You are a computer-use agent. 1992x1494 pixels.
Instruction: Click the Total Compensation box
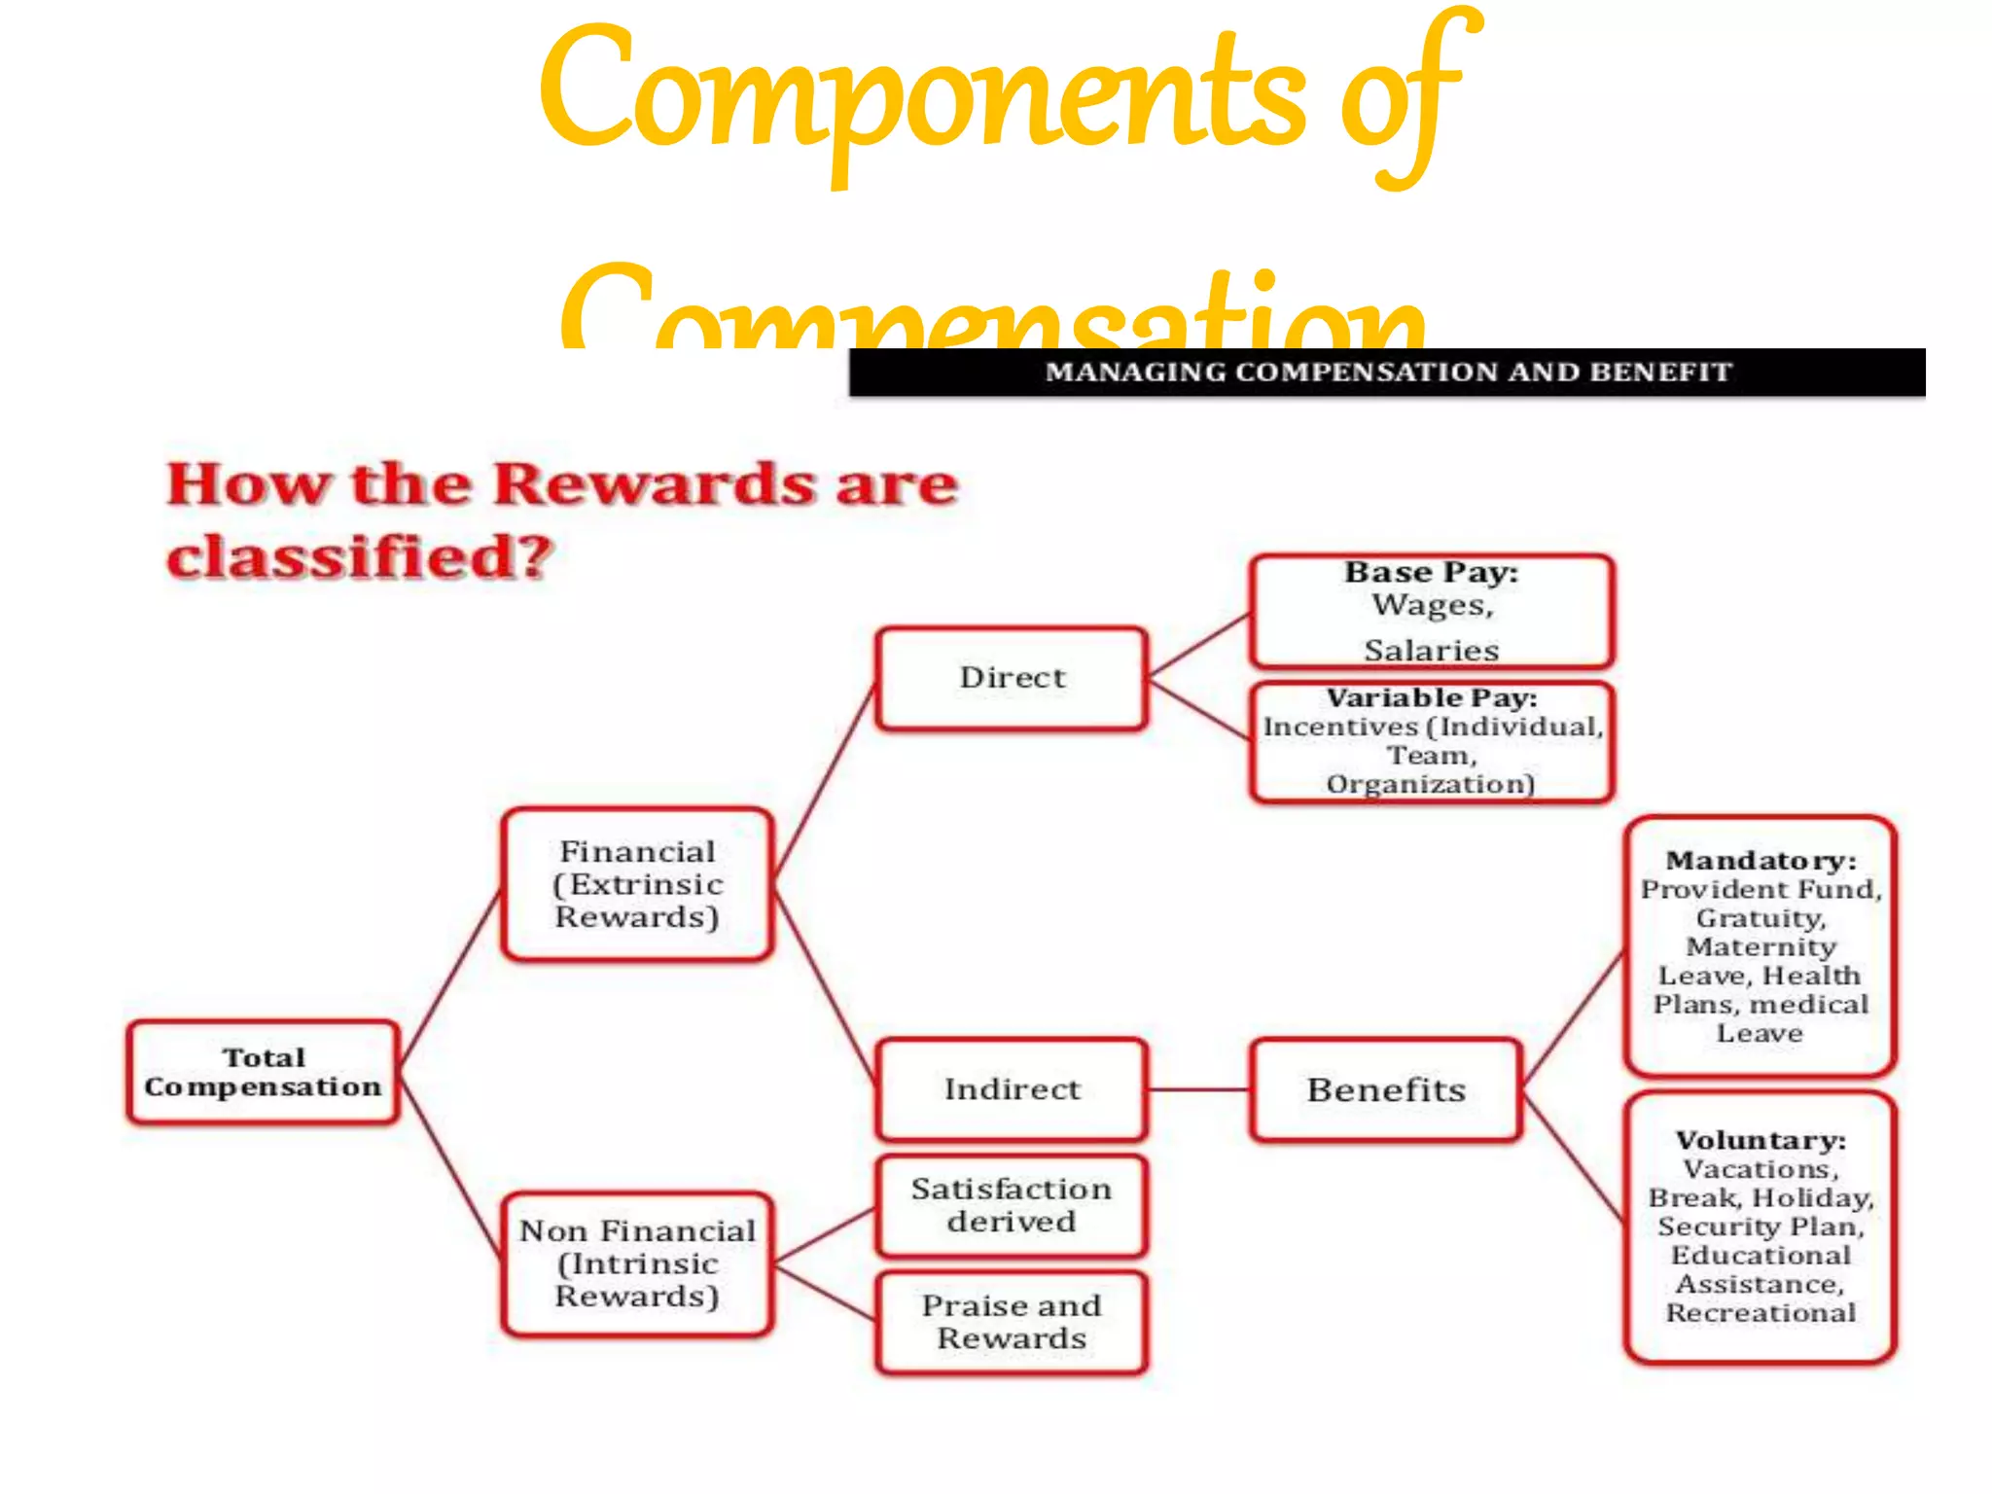(x=263, y=1072)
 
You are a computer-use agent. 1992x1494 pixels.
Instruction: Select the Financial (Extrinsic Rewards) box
(x=637, y=884)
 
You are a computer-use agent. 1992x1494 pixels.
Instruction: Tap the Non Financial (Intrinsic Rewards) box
(x=637, y=1263)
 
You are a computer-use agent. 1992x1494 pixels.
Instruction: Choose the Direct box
(x=1012, y=678)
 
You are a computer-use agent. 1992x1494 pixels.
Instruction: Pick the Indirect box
(x=1012, y=1089)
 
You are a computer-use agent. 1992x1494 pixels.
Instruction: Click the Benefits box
(x=1385, y=1089)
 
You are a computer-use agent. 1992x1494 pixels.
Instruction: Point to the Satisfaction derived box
(x=1012, y=1205)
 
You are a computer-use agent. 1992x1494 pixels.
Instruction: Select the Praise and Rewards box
(x=1012, y=1322)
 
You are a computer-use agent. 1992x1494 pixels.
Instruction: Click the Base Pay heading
(x=1431, y=573)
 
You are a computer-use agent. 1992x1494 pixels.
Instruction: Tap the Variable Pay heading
(x=1431, y=698)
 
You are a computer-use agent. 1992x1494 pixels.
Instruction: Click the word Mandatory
(x=1760, y=861)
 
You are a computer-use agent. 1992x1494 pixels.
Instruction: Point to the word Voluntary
(x=1760, y=1140)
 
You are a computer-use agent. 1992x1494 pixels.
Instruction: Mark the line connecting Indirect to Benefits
(x=1199, y=1089)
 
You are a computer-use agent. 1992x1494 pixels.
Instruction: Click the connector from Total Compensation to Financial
(x=449, y=978)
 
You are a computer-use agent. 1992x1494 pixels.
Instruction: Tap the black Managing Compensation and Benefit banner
(x=1387, y=373)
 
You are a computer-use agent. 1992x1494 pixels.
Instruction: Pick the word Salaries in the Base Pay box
(x=1431, y=650)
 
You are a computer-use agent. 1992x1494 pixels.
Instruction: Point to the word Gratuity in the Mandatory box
(x=1760, y=918)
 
